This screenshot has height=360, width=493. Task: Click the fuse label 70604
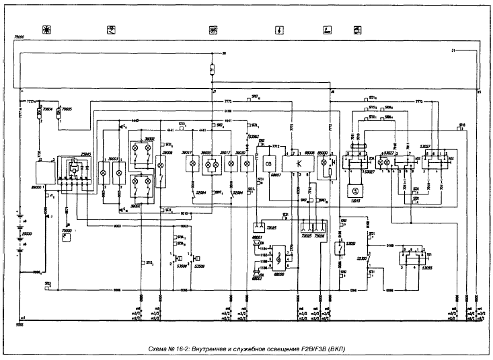[x=48, y=105]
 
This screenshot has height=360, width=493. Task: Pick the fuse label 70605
[x=67, y=105]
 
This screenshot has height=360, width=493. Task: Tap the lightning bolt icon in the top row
[x=279, y=30]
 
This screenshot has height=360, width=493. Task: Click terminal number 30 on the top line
[x=224, y=52]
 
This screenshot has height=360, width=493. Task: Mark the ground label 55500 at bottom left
[x=20, y=324]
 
